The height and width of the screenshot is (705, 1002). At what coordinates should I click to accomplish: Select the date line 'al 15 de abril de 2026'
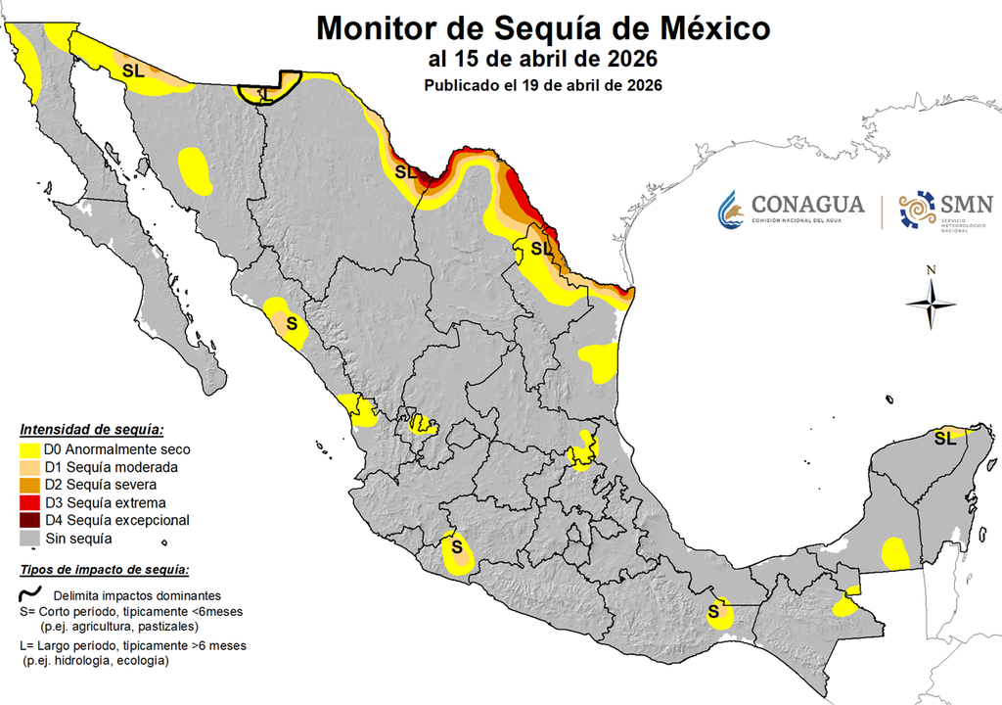(x=542, y=60)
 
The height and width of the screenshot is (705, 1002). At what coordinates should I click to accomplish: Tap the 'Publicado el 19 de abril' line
(x=543, y=85)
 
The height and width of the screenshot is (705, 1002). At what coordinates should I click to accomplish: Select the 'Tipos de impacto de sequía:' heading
(x=104, y=571)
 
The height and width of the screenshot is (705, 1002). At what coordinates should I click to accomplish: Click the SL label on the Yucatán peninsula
(x=944, y=438)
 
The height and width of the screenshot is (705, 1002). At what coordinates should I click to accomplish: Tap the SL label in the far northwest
(x=133, y=70)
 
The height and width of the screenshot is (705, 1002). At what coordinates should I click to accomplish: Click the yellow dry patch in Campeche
(x=895, y=553)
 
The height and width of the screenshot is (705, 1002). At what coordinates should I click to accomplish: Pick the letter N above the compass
(x=932, y=270)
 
